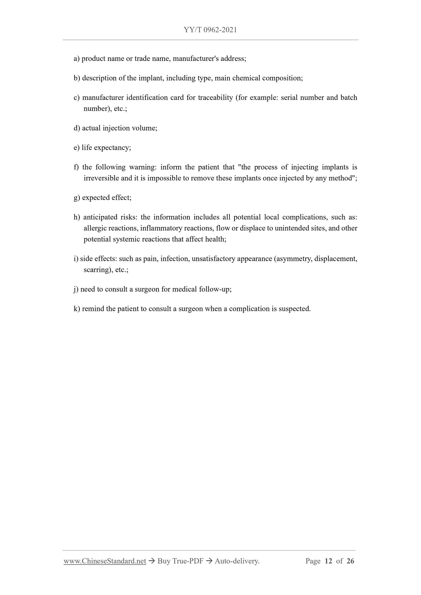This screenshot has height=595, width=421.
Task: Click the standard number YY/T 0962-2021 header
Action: [x=210, y=30]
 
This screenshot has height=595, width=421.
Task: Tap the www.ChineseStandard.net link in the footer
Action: [x=105, y=561]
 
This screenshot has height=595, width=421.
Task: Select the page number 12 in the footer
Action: [x=328, y=561]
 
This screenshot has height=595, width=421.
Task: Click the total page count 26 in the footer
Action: [x=350, y=561]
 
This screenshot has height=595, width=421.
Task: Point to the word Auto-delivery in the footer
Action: [x=237, y=561]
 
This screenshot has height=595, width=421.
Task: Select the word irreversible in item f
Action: [x=101, y=178]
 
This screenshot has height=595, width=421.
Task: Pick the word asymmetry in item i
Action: [x=293, y=259]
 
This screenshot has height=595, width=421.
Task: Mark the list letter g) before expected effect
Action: [x=77, y=198]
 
